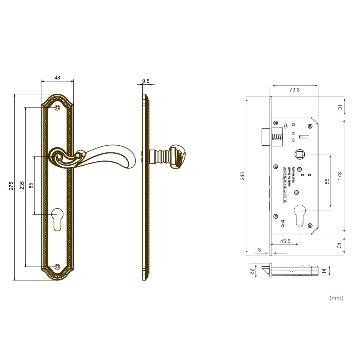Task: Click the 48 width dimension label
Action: pos(57,78)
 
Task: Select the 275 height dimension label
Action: pos(12,186)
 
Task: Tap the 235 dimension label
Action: pos(22,185)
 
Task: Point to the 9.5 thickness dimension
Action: pos(146,81)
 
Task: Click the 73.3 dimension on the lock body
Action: pos(294,90)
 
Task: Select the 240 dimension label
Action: pos(242,175)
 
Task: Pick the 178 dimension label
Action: pos(339,176)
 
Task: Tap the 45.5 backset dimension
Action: pos(285,241)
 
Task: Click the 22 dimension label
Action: pos(252,272)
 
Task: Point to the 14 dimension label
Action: pos(324,271)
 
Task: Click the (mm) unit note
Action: pos(336,298)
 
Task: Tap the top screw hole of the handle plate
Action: pos(57,107)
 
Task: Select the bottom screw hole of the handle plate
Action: pos(57,267)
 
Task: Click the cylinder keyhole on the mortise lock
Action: pos(300,215)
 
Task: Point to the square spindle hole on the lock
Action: pos(299,154)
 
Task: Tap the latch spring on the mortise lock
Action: pos(277,139)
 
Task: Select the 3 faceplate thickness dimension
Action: pos(260,250)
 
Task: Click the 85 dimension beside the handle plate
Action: pos(31,185)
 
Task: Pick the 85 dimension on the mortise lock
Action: pos(327,181)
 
